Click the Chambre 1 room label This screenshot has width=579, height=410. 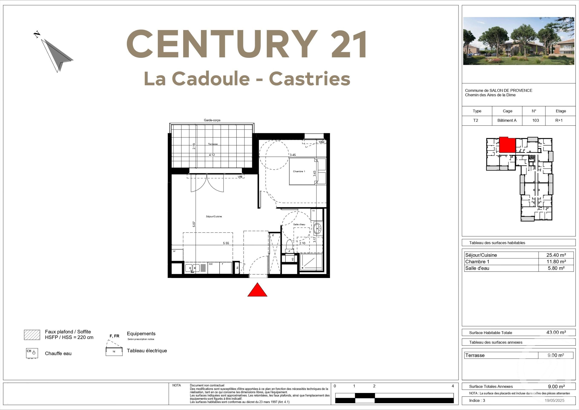[299, 171]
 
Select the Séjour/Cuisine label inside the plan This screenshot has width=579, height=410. [214, 216]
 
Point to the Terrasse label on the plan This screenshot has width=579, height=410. [213, 144]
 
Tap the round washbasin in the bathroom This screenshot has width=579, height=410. [317, 229]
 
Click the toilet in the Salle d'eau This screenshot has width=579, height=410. [289, 245]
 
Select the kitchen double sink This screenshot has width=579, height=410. [192, 268]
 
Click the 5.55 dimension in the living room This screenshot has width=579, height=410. [226, 243]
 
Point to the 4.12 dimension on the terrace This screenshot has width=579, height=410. [212, 155]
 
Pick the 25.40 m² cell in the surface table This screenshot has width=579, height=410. [556, 255]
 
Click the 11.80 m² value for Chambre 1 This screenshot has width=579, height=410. [556, 262]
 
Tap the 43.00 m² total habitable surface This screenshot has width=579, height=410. [556, 332]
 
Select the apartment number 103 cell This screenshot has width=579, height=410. [535, 120]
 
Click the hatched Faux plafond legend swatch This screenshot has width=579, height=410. [32, 335]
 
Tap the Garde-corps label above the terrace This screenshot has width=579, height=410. [212, 120]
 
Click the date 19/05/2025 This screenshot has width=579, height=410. [554, 400]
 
